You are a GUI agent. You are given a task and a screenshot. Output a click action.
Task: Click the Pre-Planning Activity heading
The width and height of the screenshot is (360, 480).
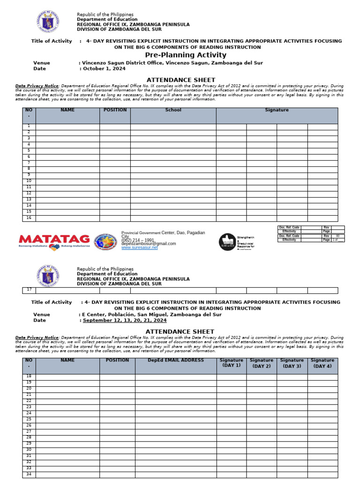(x=186, y=55)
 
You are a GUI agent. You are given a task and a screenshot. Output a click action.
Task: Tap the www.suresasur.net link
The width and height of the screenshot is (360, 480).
(x=139, y=247)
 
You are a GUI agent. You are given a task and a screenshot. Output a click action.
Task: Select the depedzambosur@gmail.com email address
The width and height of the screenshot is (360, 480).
(x=149, y=244)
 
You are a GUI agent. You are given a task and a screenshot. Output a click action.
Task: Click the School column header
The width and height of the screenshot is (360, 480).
(x=173, y=111)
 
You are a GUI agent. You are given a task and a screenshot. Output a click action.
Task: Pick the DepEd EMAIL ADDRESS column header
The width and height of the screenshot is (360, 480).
(x=176, y=360)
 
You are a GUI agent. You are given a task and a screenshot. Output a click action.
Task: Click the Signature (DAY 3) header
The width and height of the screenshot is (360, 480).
(x=292, y=363)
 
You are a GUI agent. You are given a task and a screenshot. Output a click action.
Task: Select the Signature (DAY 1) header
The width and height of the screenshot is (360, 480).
(x=231, y=363)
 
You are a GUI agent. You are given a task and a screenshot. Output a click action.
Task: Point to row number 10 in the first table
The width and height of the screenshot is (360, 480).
(x=29, y=181)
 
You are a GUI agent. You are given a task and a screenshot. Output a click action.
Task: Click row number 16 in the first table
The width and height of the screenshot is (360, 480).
(x=29, y=217)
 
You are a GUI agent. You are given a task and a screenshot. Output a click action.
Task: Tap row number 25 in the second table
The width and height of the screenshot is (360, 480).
(x=29, y=419)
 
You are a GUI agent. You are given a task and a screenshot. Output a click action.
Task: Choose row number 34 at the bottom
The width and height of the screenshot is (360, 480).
(x=29, y=474)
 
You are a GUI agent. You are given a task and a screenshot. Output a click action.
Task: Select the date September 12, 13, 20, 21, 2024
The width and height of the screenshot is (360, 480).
(x=125, y=321)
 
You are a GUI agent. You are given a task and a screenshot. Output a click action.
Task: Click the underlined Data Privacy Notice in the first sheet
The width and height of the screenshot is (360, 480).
(x=37, y=86)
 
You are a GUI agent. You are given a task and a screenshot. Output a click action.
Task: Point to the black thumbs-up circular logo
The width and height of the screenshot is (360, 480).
(x=227, y=242)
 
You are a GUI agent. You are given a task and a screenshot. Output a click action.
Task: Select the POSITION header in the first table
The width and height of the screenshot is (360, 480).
(x=115, y=111)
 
